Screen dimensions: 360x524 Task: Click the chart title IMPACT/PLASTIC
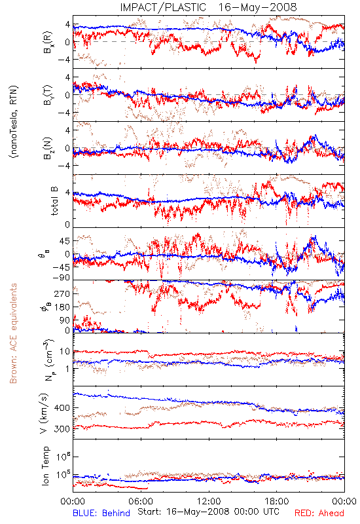pos(163,7)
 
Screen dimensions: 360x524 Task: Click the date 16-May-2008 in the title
pos(257,7)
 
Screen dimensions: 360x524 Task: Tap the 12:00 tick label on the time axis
pos(209,501)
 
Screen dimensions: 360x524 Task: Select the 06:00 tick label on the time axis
pos(141,501)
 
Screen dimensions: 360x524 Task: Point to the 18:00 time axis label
pos(277,501)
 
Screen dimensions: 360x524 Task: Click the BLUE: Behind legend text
pos(101,513)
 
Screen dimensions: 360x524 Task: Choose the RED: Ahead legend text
pos(319,513)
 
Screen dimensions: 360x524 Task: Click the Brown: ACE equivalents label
pos(13,333)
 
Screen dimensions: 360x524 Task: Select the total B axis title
pos(54,201)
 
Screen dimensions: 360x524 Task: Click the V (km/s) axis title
pos(44,413)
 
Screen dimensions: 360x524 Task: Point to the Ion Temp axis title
pos(45,466)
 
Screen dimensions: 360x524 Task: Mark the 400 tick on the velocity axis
pos(63,407)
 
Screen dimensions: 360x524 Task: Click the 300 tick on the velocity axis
pos(62,429)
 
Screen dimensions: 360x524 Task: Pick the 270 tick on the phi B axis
pos(63,293)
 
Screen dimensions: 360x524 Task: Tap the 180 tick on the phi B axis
pos(63,307)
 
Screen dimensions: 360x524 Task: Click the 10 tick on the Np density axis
pos(65,352)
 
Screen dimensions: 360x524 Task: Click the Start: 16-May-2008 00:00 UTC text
pos(208,512)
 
